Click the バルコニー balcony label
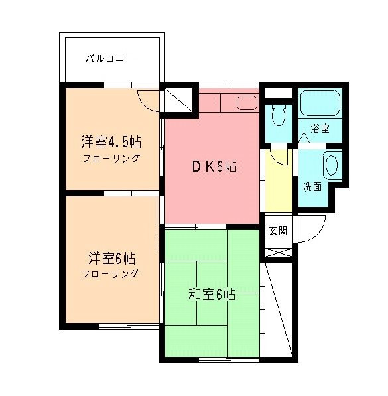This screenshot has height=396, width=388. [109, 59]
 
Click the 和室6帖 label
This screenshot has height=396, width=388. [212, 294]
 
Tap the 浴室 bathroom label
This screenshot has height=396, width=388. [320, 129]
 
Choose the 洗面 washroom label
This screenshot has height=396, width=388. [312, 186]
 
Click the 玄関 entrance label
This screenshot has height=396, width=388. [278, 231]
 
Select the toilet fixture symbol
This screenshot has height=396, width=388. [277, 117]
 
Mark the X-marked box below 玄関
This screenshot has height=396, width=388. [278, 253]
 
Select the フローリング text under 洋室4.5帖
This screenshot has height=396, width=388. [111, 159]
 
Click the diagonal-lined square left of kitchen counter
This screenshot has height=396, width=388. [178, 101]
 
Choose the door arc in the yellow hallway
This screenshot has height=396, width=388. [279, 157]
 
